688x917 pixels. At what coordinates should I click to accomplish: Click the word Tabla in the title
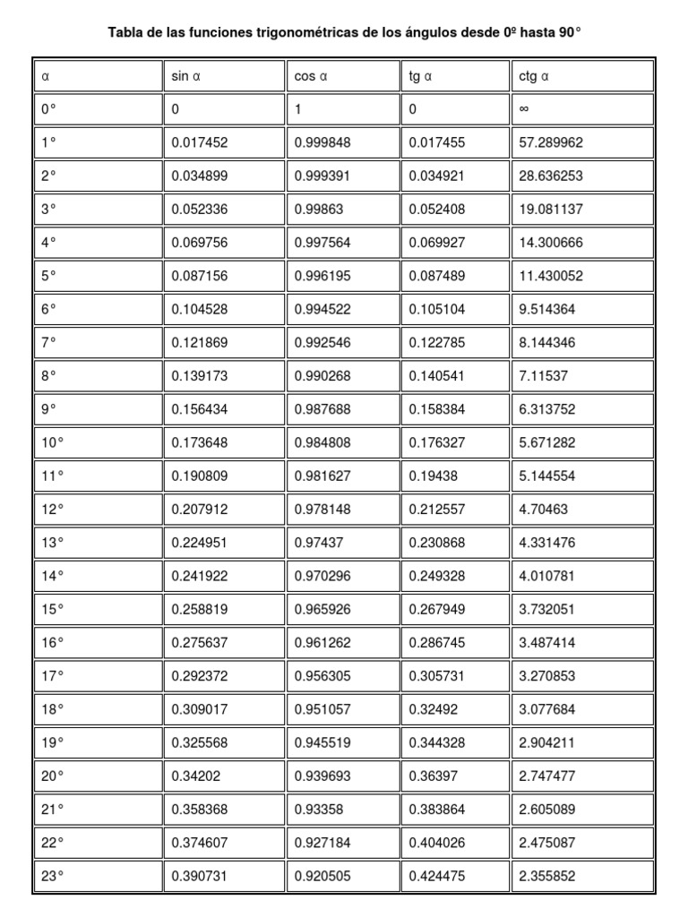125,32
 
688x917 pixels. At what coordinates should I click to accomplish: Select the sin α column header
186,77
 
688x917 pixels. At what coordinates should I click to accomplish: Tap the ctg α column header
534,77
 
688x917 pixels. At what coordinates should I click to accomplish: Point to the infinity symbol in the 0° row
524,110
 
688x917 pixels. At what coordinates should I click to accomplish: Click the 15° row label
53,609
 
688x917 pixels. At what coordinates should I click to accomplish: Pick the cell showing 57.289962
551,143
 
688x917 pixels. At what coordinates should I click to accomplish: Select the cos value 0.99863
318,210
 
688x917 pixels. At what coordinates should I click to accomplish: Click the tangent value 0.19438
434,476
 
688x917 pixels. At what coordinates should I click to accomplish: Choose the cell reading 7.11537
544,376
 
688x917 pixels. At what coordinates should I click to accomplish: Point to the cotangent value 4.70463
544,509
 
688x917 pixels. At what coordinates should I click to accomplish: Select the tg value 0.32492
434,708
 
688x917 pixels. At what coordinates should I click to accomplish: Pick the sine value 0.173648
200,442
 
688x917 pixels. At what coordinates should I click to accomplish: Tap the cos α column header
311,77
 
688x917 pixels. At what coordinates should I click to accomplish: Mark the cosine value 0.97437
318,542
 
